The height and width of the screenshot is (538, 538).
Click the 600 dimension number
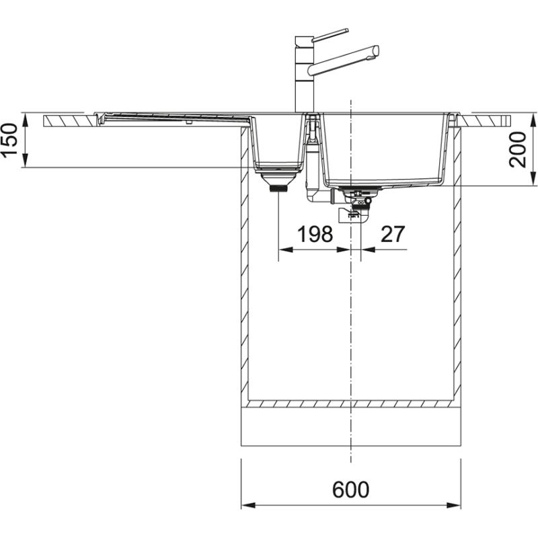pyautogui.click(x=350, y=490)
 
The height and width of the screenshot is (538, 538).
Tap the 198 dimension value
pyautogui.click(x=315, y=234)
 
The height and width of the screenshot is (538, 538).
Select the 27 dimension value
pyautogui.click(x=393, y=234)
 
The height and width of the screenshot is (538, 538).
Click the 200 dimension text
pyautogui.click(x=518, y=149)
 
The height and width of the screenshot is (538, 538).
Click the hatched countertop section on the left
pyautogui.click(x=71, y=121)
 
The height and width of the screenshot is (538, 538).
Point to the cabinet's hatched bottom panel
pyautogui.click(x=350, y=404)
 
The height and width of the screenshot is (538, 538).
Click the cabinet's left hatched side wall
pyautogui.click(x=245, y=269)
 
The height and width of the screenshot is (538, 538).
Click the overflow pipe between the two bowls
pyautogui.click(x=313, y=161)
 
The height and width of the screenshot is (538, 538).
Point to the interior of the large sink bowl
pyautogui.click(x=383, y=148)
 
